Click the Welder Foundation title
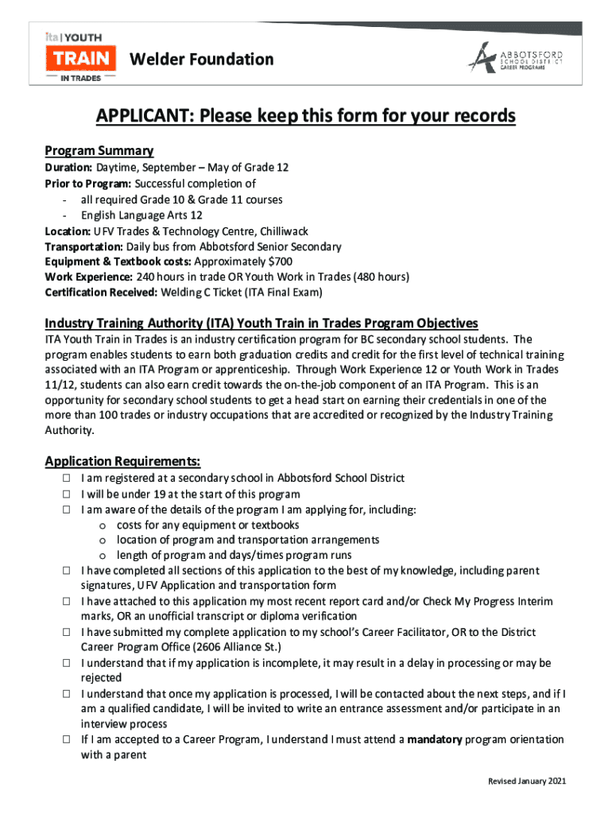(x=201, y=60)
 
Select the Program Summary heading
(x=99, y=151)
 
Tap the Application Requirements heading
(x=122, y=462)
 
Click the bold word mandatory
(x=434, y=739)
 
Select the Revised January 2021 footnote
(x=527, y=781)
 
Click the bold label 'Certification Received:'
(x=101, y=292)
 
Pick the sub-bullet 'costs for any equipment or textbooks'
(x=207, y=525)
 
